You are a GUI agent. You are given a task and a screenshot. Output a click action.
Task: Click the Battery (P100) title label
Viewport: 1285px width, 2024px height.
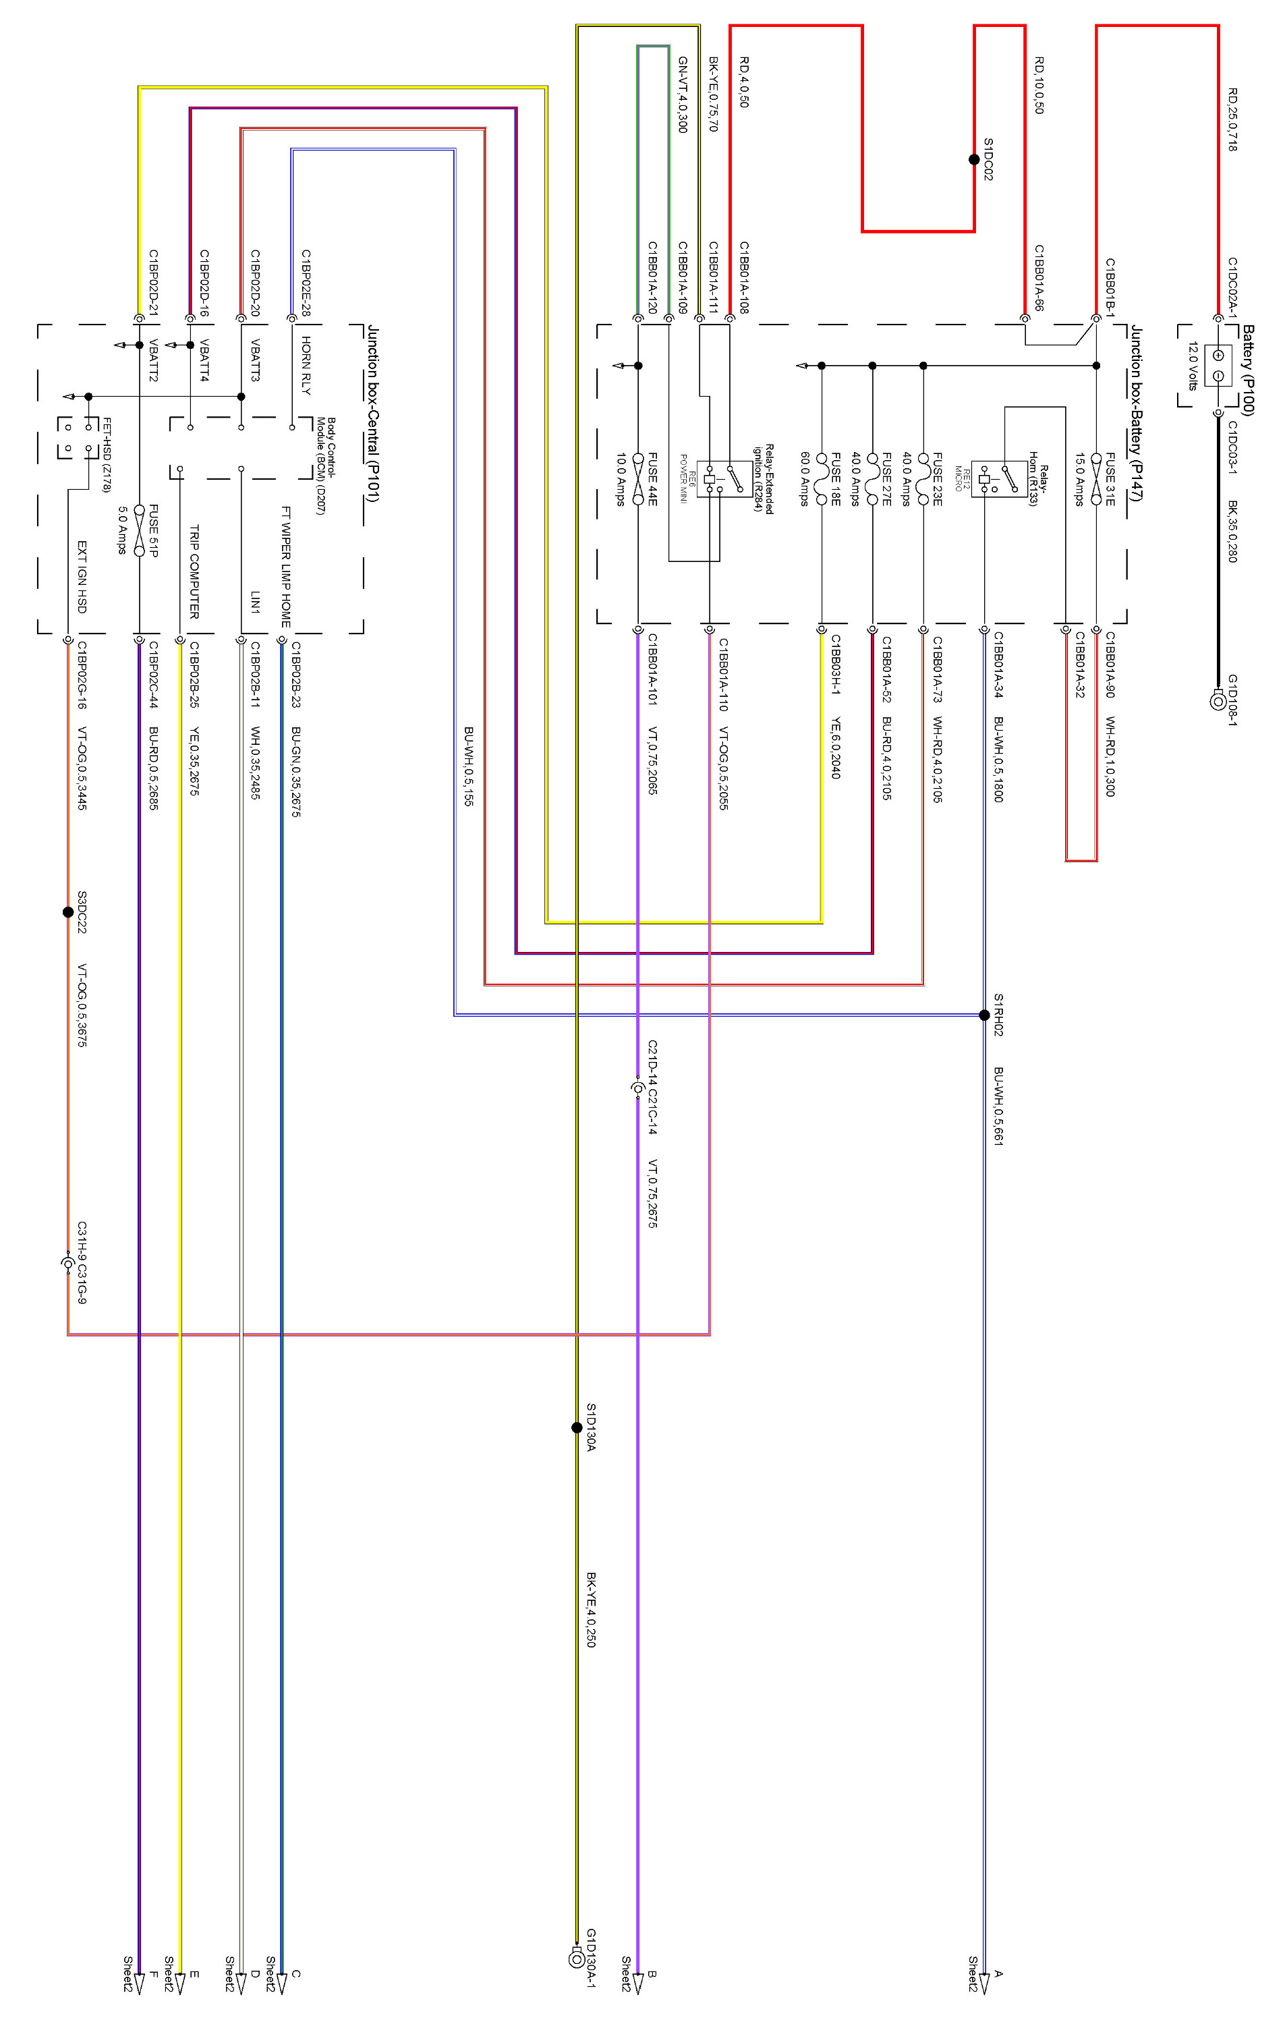pyautogui.click(x=1248, y=370)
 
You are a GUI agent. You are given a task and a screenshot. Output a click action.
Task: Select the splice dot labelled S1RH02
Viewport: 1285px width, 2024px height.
pyautogui.click(x=984, y=1015)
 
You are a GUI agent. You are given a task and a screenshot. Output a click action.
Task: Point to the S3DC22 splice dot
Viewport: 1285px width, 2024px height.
pyautogui.click(x=68, y=912)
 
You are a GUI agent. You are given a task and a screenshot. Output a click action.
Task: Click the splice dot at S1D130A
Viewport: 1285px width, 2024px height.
pyautogui.click(x=577, y=1427)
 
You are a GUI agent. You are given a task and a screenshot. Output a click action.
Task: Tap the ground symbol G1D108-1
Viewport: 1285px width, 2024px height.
pyautogui.click(x=1217, y=700)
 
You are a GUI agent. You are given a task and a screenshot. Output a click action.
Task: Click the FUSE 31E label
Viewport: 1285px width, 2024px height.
pyautogui.click(x=1110, y=479)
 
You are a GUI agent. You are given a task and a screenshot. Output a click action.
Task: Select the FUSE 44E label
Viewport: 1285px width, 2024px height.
pyautogui.click(x=652, y=479)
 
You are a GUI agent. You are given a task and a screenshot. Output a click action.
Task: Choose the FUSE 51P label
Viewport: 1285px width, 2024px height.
pyautogui.click(x=153, y=530)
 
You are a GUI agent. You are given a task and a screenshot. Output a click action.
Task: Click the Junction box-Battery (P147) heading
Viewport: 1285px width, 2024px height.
pyautogui.click(x=1136, y=414)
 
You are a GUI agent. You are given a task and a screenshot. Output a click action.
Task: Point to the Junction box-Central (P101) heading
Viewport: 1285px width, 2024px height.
pyautogui.click(x=373, y=414)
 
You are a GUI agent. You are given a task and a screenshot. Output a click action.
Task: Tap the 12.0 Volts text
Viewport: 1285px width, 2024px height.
pyautogui.click(x=1192, y=366)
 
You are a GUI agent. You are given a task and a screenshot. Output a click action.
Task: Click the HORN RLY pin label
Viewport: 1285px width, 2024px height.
pyautogui.click(x=306, y=366)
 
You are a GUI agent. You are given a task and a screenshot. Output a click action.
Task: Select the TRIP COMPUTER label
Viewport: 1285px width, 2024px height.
pyautogui.click(x=194, y=571)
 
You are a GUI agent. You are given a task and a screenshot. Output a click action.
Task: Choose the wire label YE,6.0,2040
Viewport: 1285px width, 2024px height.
pyautogui.click(x=835, y=748)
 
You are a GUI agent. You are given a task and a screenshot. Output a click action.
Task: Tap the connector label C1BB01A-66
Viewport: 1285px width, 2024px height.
pyautogui.click(x=1039, y=278)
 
